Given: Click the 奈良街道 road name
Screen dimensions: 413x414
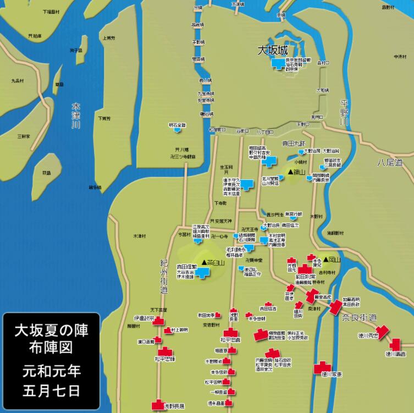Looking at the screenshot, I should [359, 317].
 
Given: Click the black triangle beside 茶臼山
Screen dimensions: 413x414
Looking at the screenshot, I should [204, 262].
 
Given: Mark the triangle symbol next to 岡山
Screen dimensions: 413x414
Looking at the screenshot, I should [327, 259].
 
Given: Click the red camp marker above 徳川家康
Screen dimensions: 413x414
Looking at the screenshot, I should [322, 367].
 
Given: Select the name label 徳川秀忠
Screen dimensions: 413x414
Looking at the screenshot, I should [364, 335].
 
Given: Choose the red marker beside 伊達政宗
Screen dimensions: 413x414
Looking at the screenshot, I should [159, 321].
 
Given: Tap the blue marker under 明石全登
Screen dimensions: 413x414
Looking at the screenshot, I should [178, 131].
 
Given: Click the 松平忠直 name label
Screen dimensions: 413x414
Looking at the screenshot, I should [230, 340].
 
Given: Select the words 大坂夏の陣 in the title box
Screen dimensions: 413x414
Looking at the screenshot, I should [51, 331].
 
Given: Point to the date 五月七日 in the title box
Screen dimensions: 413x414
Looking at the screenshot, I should [51, 391].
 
